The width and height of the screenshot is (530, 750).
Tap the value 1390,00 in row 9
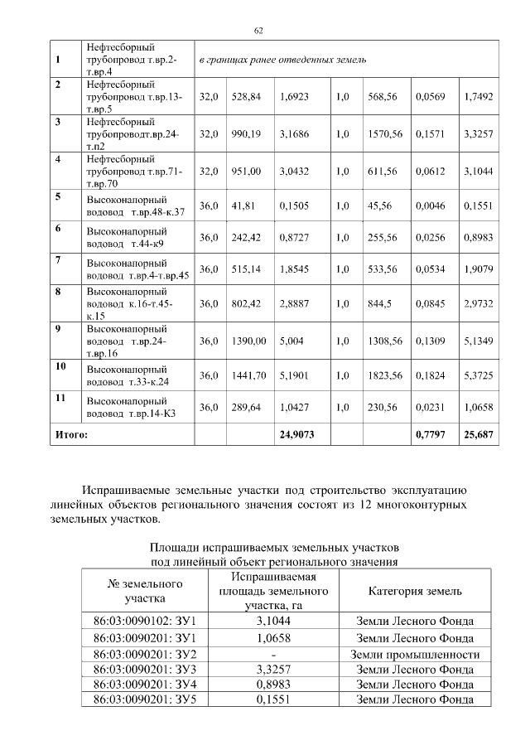tap(248, 341)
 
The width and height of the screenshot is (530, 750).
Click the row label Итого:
tap(71, 433)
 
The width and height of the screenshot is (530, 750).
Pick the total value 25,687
tap(478, 433)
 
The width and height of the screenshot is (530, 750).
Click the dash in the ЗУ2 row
tap(273, 654)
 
